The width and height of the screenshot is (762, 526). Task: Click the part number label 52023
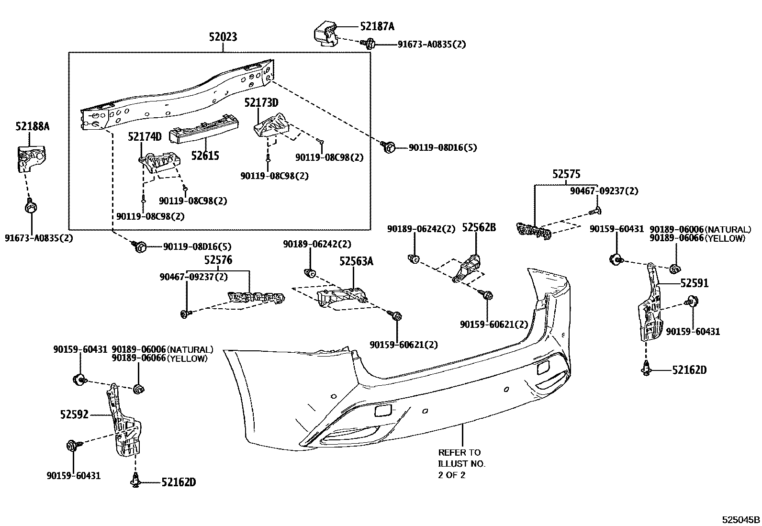pos(223,37)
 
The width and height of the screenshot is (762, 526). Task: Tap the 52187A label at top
pos(377,27)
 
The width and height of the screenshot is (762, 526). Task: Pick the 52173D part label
pos(261,102)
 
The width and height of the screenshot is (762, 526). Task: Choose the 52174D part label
pos(145,137)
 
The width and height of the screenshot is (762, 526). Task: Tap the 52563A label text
pos(356,261)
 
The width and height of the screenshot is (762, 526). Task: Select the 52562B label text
pos(479,228)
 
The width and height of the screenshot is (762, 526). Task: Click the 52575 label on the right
pos(566,174)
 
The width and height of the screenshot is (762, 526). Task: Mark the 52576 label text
pos(218,260)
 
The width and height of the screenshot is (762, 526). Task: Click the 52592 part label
pos(74,414)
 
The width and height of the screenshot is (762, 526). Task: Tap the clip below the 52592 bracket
pos(135,481)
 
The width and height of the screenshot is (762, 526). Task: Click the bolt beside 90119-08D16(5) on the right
pos(388,147)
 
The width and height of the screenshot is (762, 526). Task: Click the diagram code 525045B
pos(741,520)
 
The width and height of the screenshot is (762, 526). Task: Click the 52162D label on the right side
pos(689,370)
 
